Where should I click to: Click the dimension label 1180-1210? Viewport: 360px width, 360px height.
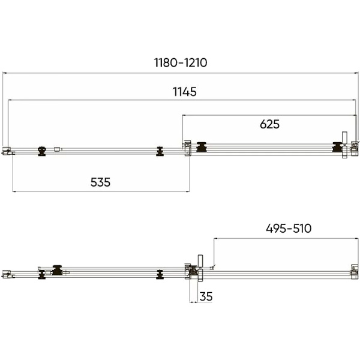tap(181, 62)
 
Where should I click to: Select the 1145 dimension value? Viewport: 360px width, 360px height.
tap(185, 92)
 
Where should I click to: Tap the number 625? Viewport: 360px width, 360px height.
tap(269, 124)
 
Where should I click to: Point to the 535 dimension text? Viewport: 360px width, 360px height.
tap(100, 182)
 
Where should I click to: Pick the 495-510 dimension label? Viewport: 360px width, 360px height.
tap(289, 229)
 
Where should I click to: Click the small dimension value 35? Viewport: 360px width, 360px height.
tap(206, 296)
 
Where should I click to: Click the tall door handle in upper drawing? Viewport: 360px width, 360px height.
tap(344, 145)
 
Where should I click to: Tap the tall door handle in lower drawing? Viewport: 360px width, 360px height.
tap(200, 268)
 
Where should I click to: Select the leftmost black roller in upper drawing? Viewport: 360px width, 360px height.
tap(42, 151)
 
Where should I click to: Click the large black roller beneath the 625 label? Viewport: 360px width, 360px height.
tap(202, 147)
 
